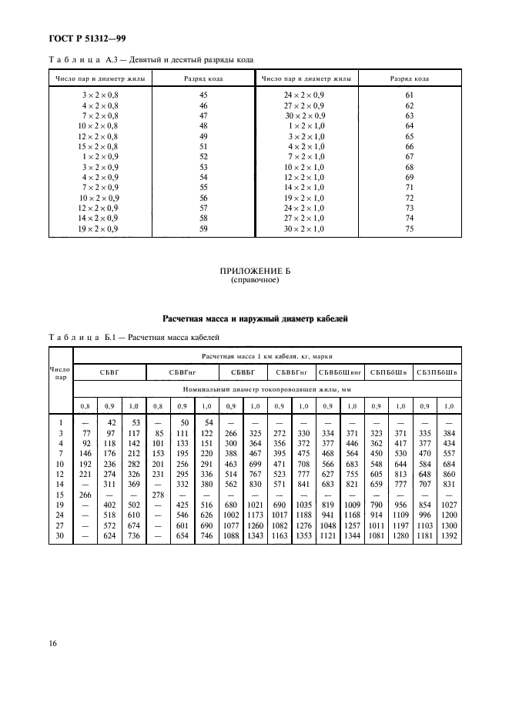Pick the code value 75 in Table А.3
point(410,228)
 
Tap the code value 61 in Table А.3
point(410,94)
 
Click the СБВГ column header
point(109,372)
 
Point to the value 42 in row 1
point(110,422)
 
